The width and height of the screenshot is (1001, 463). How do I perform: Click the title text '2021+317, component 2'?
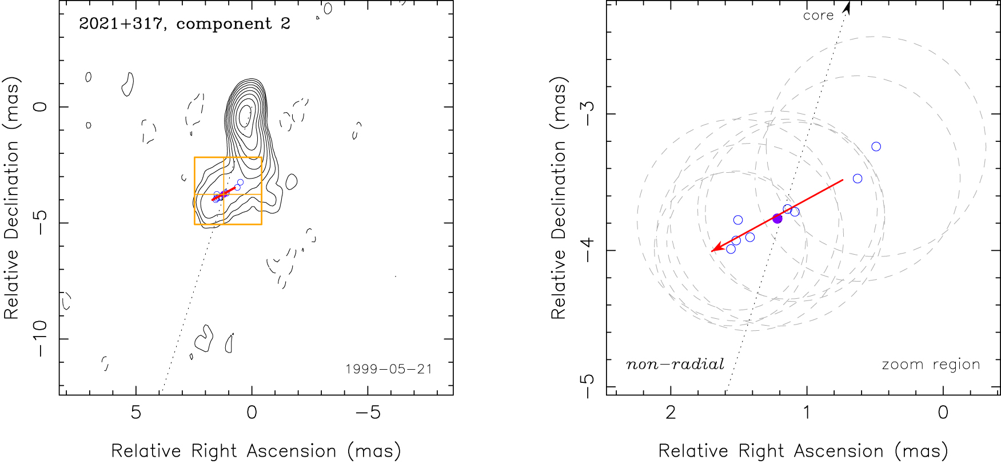pos(184,24)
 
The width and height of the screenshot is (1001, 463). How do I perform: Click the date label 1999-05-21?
pos(389,369)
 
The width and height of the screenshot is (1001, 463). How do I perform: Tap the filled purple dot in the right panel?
pos(777,218)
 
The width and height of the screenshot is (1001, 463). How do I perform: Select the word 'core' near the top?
pos(818,16)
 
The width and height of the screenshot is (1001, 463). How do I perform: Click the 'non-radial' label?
pos(675,365)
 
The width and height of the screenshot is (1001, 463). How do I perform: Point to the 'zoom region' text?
pos(931,365)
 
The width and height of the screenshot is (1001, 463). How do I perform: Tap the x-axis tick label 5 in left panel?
pos(135,413)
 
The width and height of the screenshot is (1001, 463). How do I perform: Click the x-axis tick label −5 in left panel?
pos(368,413)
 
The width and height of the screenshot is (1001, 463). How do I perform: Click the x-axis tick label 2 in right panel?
pos(671,413)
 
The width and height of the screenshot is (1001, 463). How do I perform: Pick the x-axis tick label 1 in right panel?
pos(807,413)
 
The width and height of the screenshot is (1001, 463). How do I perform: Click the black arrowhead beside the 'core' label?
pos(847,7)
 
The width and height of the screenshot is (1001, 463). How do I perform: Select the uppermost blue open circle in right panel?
pos(876,147)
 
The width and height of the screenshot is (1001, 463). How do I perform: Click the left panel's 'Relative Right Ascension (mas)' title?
pos(256,451)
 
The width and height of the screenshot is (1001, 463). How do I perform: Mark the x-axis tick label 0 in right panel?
pos(943,413)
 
